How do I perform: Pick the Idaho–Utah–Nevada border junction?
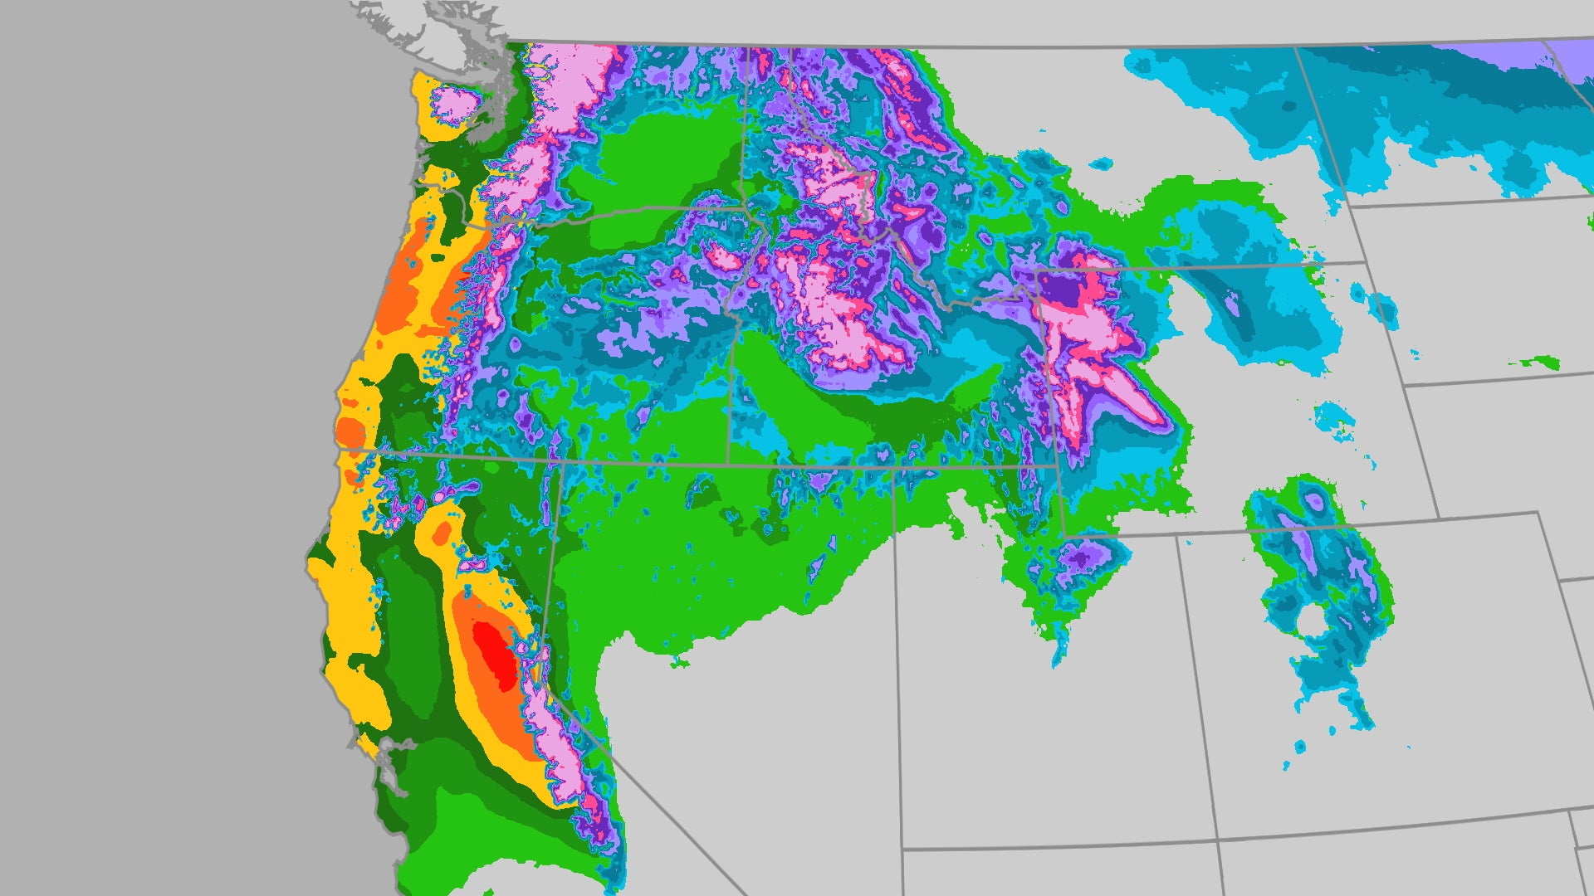click(892, 469)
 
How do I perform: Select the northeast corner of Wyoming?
click(1365, 263)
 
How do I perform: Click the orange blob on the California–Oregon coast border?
click(350, 433)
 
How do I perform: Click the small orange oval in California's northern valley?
click(443, 531)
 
